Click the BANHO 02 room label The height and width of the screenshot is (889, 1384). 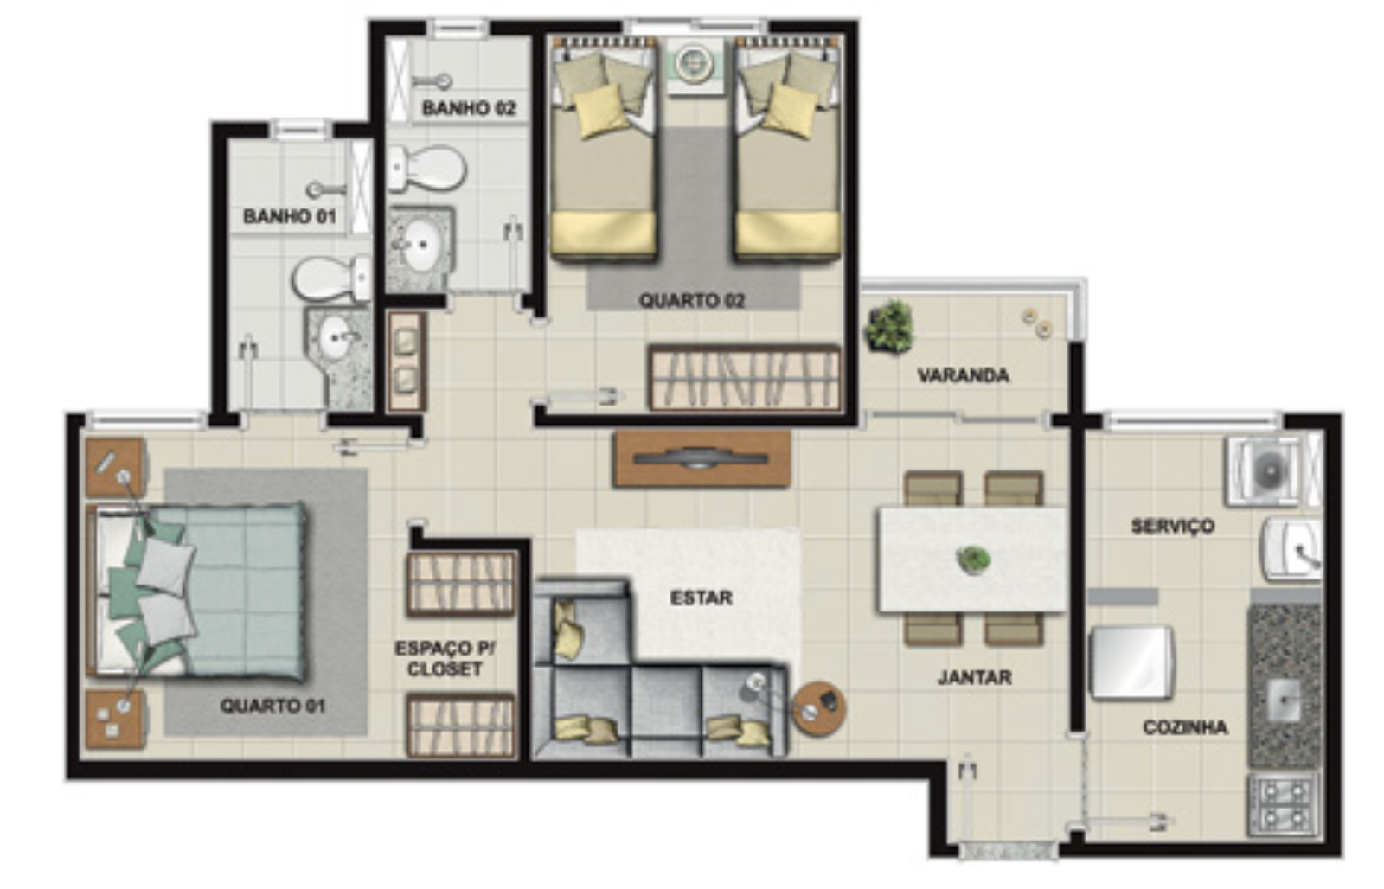(468, 108)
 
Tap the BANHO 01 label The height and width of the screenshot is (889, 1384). (289, 216)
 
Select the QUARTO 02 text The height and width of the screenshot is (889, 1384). (692, 301)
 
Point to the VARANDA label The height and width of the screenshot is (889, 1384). (964, 375)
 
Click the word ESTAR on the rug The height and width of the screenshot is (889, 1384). (702, 598)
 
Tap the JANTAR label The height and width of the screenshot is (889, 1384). (974, 677)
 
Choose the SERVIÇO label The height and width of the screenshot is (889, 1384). (1173, 527)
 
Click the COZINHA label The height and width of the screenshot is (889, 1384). (1185, 727)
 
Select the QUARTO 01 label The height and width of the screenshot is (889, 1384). (272, 706)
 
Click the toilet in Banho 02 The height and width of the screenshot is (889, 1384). (426, 168)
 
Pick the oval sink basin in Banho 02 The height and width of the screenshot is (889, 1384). (420, 245)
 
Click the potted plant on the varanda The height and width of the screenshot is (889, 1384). (889, 326)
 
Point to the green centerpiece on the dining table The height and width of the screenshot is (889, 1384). (973, 560)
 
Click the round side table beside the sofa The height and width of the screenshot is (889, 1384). (819, 709)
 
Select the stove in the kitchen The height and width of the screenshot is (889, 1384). (1285, 805)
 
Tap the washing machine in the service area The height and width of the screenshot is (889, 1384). (1272, 471)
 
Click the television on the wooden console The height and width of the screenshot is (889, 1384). (701, 458)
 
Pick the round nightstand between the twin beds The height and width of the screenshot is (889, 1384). (695, 63)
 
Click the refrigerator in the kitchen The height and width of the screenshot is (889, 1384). (1131, 663)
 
